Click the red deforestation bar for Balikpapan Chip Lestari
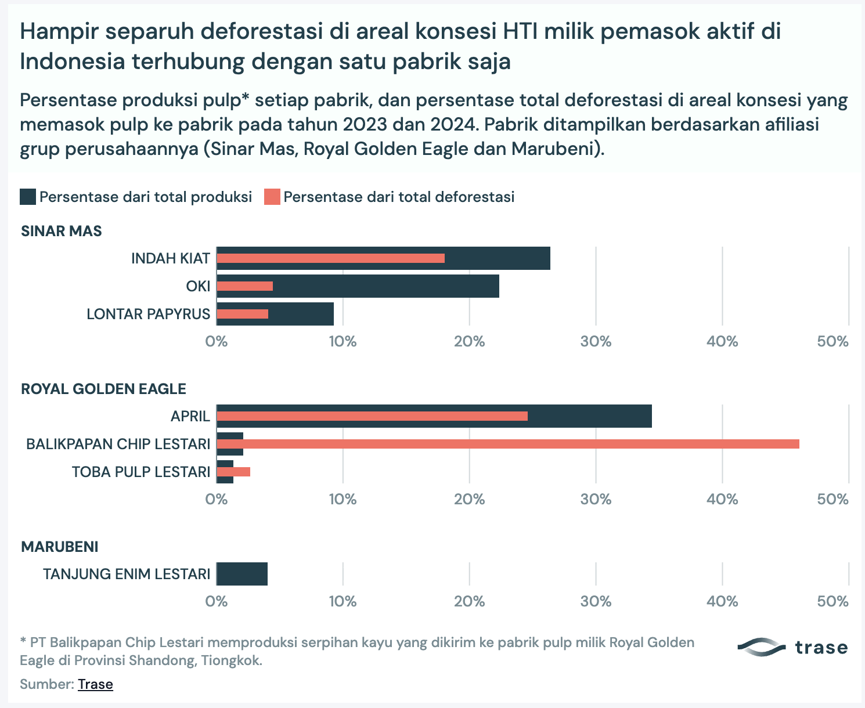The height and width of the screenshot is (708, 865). click(508, 444)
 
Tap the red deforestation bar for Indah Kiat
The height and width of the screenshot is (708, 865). click(331, 258)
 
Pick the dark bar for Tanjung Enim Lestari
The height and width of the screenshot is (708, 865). click(242, 574)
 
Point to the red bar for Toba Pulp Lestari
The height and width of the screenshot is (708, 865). click(233, 472)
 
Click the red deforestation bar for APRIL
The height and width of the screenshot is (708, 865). click(372, 416)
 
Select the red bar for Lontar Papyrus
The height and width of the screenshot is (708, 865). click(243, 314)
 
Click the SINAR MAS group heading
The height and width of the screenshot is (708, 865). click(62, 231)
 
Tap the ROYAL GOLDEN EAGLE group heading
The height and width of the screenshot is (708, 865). click(103, 389)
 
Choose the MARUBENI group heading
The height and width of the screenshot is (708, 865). click(59, 547)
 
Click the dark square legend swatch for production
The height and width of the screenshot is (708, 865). click(28, 197)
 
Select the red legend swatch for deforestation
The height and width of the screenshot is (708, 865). click(272, 197)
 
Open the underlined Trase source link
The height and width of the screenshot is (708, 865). click(95, 684)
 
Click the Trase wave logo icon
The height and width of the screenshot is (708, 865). click(761, 647)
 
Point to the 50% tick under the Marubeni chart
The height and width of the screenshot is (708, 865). click(832, 601)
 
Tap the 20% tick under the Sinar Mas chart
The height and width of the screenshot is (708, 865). click(469, 341)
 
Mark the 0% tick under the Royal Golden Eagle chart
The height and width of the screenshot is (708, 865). click(217, 499)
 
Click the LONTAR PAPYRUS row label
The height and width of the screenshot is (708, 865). click(148, 314)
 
